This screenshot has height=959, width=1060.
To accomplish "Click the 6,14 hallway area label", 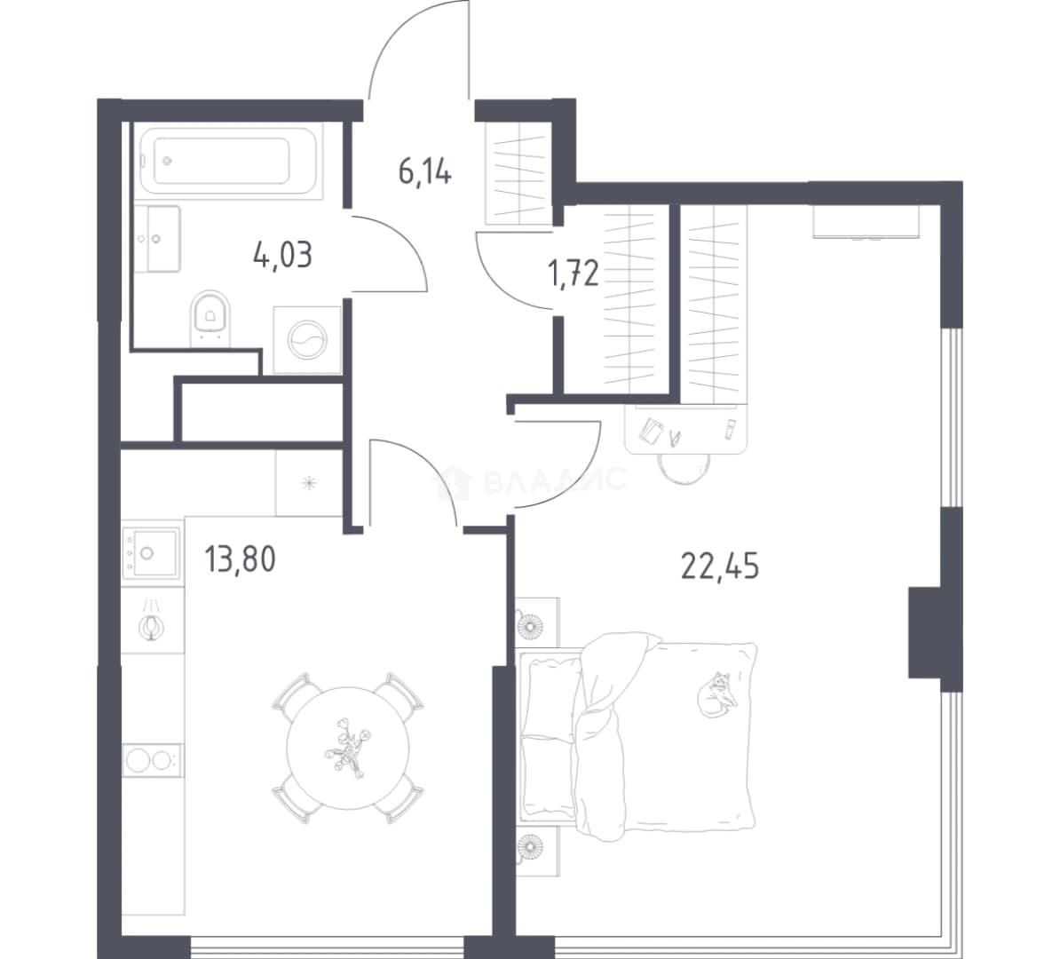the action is point(424,170).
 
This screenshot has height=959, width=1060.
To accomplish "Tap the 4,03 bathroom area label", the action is point(282,257).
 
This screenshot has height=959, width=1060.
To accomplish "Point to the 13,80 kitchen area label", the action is point(240,560).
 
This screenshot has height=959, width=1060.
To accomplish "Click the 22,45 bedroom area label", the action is point(720,566).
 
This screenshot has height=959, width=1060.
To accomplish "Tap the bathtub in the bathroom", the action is point(228,161).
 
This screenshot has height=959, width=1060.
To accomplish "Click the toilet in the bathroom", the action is point(210,317).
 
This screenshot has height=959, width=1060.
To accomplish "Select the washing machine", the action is point(307,339).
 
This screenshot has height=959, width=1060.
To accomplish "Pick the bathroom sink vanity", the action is point(157,239).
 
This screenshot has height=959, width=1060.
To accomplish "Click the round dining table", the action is point(349,748).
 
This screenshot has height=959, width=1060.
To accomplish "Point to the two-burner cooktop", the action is point(152,760).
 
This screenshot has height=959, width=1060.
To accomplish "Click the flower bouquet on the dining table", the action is point(347,748).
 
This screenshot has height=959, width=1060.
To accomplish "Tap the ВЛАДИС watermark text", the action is point(556,480).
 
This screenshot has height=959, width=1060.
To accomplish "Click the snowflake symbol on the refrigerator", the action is point(309,483).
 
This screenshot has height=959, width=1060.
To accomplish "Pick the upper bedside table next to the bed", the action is point(537,622).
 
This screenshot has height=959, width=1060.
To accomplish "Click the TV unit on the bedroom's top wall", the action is point(866,222).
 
